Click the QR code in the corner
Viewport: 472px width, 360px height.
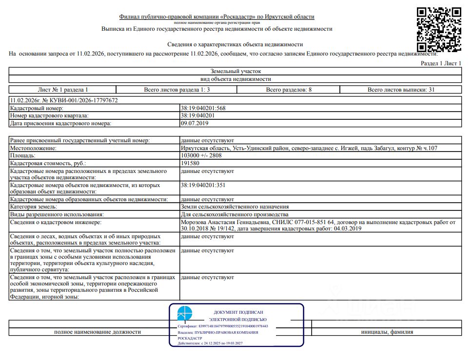click(439, 29)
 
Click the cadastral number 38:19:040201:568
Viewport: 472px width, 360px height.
click(203, 108)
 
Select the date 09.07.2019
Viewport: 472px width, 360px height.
click(194, 124)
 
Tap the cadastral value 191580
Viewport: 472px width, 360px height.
click(190, 164)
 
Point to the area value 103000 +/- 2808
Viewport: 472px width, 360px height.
click(201, 156)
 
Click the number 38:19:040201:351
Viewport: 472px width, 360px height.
click(203, 185)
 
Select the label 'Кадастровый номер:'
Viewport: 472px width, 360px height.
click(37, 108)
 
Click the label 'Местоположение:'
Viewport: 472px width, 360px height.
click(33, 148)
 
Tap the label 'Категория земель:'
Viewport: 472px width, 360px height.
click(35, 207)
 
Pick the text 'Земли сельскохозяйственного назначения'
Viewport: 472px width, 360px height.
click(235, 207)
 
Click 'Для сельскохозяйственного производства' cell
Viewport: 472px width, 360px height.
click(235, 214)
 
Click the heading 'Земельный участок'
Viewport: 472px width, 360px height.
click(236, 71)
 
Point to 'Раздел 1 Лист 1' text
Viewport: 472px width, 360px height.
click(441, 64)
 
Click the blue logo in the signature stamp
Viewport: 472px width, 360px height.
click(185, 314)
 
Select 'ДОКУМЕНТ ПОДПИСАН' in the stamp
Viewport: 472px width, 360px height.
click(238, 312)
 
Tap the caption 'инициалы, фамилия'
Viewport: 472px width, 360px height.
click(387, 332)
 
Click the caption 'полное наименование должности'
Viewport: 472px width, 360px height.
click(98, 332)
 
